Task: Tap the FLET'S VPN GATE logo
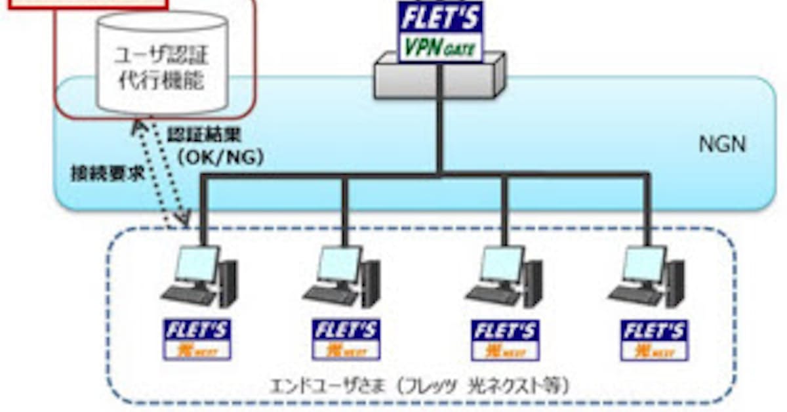(441, 31)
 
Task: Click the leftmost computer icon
(200, 276)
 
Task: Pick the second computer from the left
(342, 276)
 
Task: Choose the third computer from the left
(505, 276)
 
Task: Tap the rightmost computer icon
(647, 276)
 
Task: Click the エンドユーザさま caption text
(420, 385)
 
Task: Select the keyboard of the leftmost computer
(187, 295)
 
